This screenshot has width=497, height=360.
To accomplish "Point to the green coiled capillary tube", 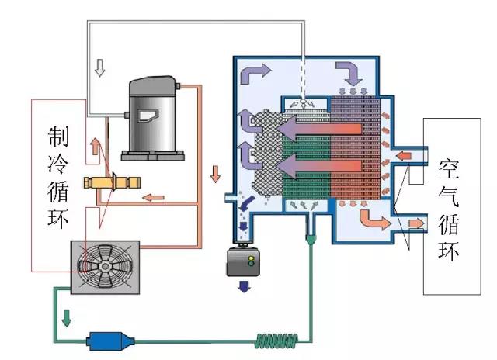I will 275,339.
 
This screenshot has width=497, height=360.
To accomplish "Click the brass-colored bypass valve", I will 116,185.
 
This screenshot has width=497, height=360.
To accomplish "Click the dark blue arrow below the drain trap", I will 242,286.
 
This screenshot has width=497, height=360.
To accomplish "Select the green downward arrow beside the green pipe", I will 67,317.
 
